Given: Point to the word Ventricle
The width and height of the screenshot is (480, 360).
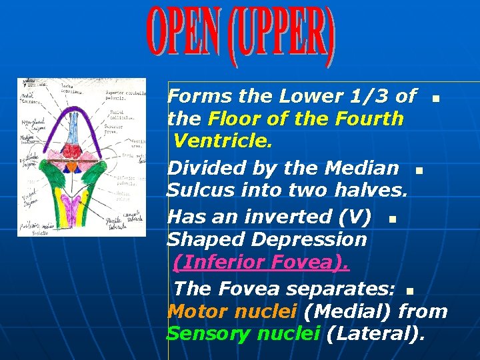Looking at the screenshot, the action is pyautogui.click(x=219, y=142).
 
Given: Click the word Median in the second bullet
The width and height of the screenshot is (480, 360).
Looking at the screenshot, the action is pyautogui.click(x=364, y=168).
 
